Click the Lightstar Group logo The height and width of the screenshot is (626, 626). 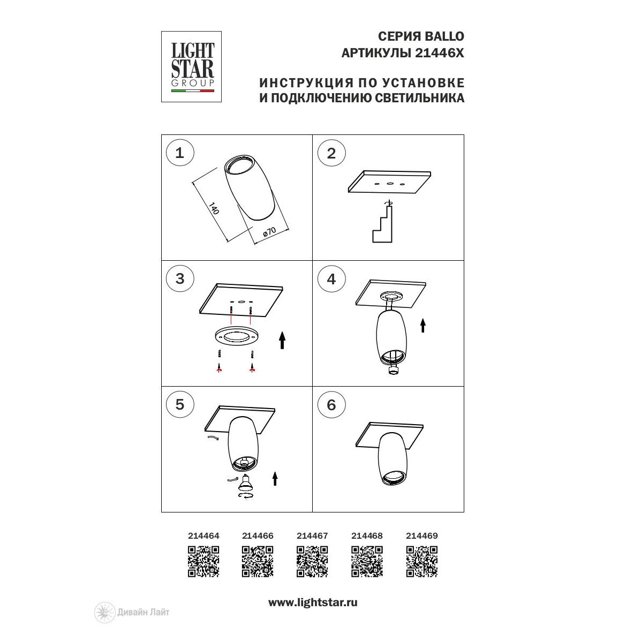pos(191,66)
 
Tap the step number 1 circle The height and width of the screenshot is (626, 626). pos(179,153)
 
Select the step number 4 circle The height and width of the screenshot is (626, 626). pos(331,278)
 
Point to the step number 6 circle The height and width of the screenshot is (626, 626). pos(331,405)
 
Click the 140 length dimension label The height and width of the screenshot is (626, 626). pos(214,208)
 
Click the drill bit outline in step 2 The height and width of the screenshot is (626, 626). pos(382,223)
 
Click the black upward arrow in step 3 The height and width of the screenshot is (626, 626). pos(282,340)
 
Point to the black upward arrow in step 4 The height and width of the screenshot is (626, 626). pos(423,326)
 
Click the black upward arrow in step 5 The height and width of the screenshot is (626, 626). pos(275,478)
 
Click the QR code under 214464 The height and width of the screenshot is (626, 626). pos(203,562)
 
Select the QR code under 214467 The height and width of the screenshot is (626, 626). pos(312,562)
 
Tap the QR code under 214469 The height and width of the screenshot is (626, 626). pos(422,562)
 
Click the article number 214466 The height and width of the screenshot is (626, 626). pos(258,536)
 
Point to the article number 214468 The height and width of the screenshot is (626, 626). pos(367,536)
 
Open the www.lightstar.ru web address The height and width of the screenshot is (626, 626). pos(313,602)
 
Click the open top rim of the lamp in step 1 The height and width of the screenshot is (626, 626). pos(239,165)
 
